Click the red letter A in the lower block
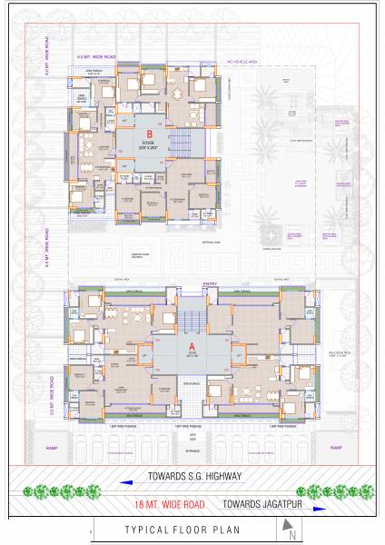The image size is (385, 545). (x=191, y=346)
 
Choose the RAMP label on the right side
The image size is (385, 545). (x=336, y=448)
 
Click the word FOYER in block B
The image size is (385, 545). (x=147, y=142)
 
